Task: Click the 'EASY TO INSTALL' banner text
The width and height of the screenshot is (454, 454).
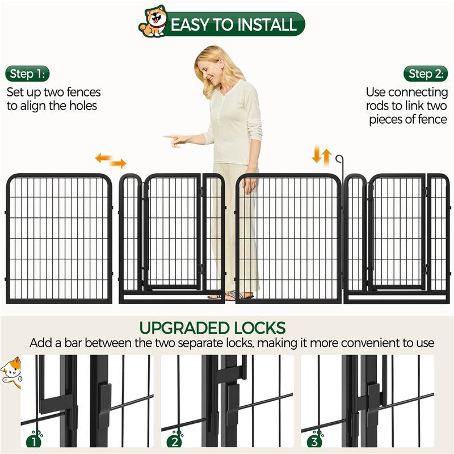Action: pos(233,25)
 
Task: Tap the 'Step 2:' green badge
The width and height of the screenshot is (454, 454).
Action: pos(426,74)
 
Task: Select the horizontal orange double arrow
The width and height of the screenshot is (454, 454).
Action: pos(110,161)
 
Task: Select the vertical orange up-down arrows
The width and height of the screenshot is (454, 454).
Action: pos(321,155)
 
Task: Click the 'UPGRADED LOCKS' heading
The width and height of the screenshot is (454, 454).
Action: pos(212,328)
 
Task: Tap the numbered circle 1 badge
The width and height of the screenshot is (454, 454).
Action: pos(33,439)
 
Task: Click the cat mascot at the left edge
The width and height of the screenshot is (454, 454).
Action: pos(10,371)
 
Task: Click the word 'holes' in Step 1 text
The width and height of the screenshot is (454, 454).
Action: pos(82,105)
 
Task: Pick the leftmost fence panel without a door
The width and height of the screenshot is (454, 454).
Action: pos(58,238)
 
